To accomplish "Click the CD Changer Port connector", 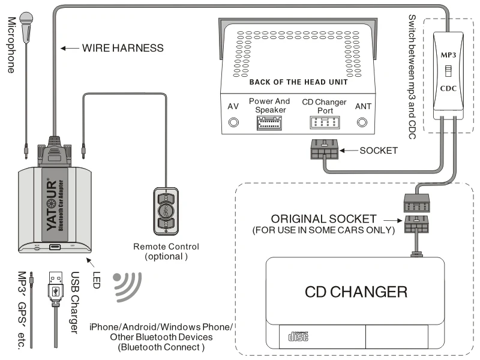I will coord(323,123).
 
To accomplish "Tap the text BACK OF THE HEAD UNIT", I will coord(298,82).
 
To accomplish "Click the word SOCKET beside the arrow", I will coord(379,151).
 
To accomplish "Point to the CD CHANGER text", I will coord(356,292).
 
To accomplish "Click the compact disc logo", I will coord(298,337).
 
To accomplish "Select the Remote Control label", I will coord(166,247).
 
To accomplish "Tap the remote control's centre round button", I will coord(166,211).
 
